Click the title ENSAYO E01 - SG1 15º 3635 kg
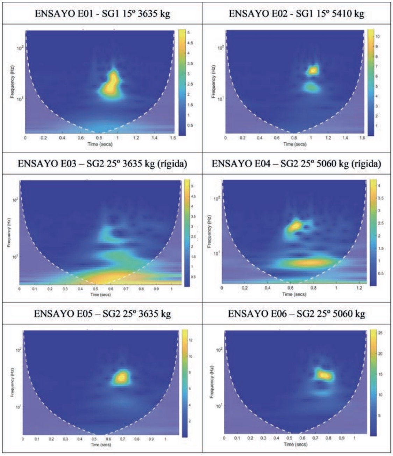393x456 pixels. click(x=102, y=14)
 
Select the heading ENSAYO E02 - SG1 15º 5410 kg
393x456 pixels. click(x=296, y=14)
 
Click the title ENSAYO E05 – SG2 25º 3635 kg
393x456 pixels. click(x=102, y=314)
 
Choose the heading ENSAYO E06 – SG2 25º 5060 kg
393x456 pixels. click(x=296, y=314)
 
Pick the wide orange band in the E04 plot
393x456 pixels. click(x=308, y=262)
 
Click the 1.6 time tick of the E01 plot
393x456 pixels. click(x=173, y=138)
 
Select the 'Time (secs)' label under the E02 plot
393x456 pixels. click(x=295, y=143)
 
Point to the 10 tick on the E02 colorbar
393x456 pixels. click(x=378, y=36)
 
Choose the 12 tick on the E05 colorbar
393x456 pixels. click(x=191, y=340)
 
